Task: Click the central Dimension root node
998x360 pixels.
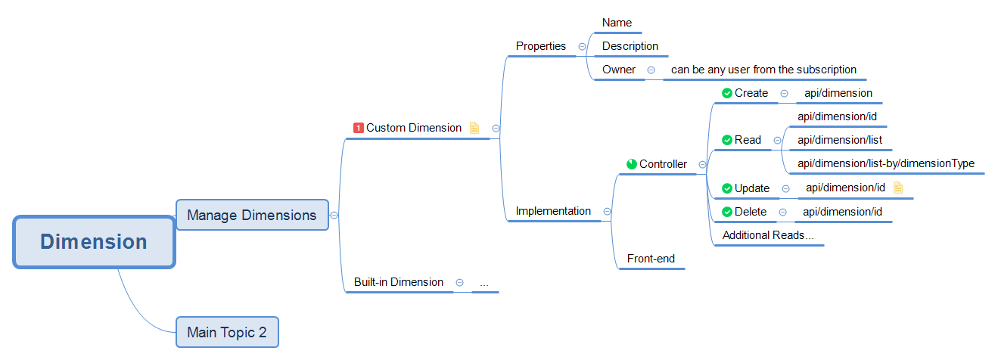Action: [94, 242]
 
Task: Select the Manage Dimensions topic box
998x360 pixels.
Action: [252, 215]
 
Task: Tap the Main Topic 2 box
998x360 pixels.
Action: [227, 332]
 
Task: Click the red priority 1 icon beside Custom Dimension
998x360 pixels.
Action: [359, 128]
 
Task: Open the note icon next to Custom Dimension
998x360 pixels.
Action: [474, 128]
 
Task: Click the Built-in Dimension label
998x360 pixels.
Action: [399, 282]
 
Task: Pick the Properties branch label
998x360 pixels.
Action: [541, 46]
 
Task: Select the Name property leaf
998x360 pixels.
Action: [617, 23]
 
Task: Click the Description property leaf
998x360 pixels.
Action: [630, 46]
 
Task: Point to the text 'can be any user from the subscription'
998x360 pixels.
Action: [763, 70]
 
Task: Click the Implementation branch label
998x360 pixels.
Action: [553, 211]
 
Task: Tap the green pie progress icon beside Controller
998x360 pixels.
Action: [632, 164]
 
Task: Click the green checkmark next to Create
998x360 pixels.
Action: [727, 93]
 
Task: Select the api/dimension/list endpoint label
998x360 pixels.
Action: [840, 140]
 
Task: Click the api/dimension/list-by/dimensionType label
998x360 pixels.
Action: [886, 163]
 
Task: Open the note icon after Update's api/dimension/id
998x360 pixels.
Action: [898, 188]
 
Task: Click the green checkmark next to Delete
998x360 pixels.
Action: [727, 212]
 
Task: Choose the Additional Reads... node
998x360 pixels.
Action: [768, 235]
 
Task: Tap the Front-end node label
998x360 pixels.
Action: [651, 259]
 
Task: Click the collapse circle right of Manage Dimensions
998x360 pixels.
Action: [334, 215]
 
